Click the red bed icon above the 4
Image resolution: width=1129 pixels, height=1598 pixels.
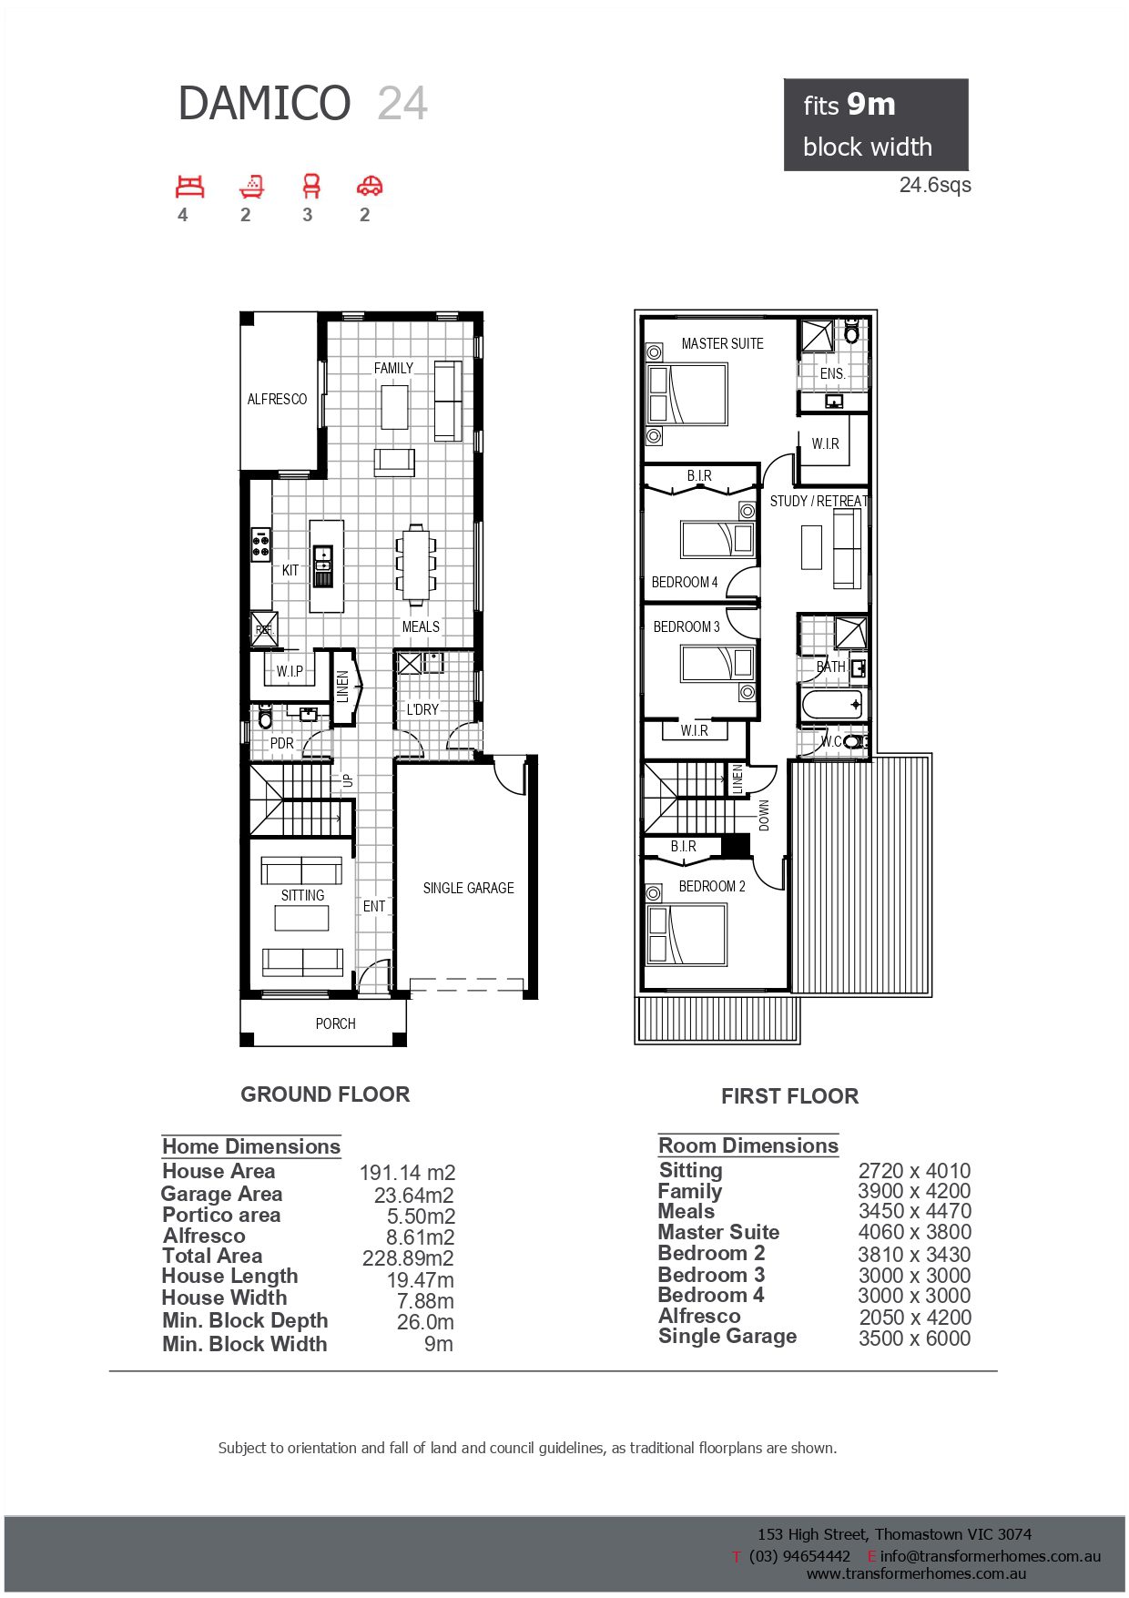189,187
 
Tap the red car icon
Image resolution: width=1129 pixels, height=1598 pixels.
370,187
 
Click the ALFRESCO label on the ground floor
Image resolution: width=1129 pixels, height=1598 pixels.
277,399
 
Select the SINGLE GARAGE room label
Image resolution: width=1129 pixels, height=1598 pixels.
468,888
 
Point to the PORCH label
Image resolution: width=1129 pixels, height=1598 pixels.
335,1023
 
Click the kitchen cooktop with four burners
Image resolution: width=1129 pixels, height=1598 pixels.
261,544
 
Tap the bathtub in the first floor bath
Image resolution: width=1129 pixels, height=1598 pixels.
832,705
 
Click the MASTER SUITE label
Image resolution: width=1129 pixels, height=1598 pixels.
722,343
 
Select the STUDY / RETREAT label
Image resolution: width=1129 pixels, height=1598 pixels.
819,501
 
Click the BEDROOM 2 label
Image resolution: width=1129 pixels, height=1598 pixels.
712,886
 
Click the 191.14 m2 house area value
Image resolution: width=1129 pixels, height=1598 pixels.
407,1173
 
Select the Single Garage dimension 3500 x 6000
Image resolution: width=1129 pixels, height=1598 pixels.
914,1338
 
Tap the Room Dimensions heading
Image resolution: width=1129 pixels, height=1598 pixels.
748,1145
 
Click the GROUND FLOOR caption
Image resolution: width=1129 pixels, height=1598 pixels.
325,1094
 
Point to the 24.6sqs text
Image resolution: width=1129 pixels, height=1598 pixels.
935,185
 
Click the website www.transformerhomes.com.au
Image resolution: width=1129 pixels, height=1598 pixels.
916,1573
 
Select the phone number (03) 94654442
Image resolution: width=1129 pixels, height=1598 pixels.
799,1556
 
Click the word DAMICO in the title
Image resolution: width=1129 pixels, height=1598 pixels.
264,103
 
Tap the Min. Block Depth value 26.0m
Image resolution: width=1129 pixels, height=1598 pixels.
425,1322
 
